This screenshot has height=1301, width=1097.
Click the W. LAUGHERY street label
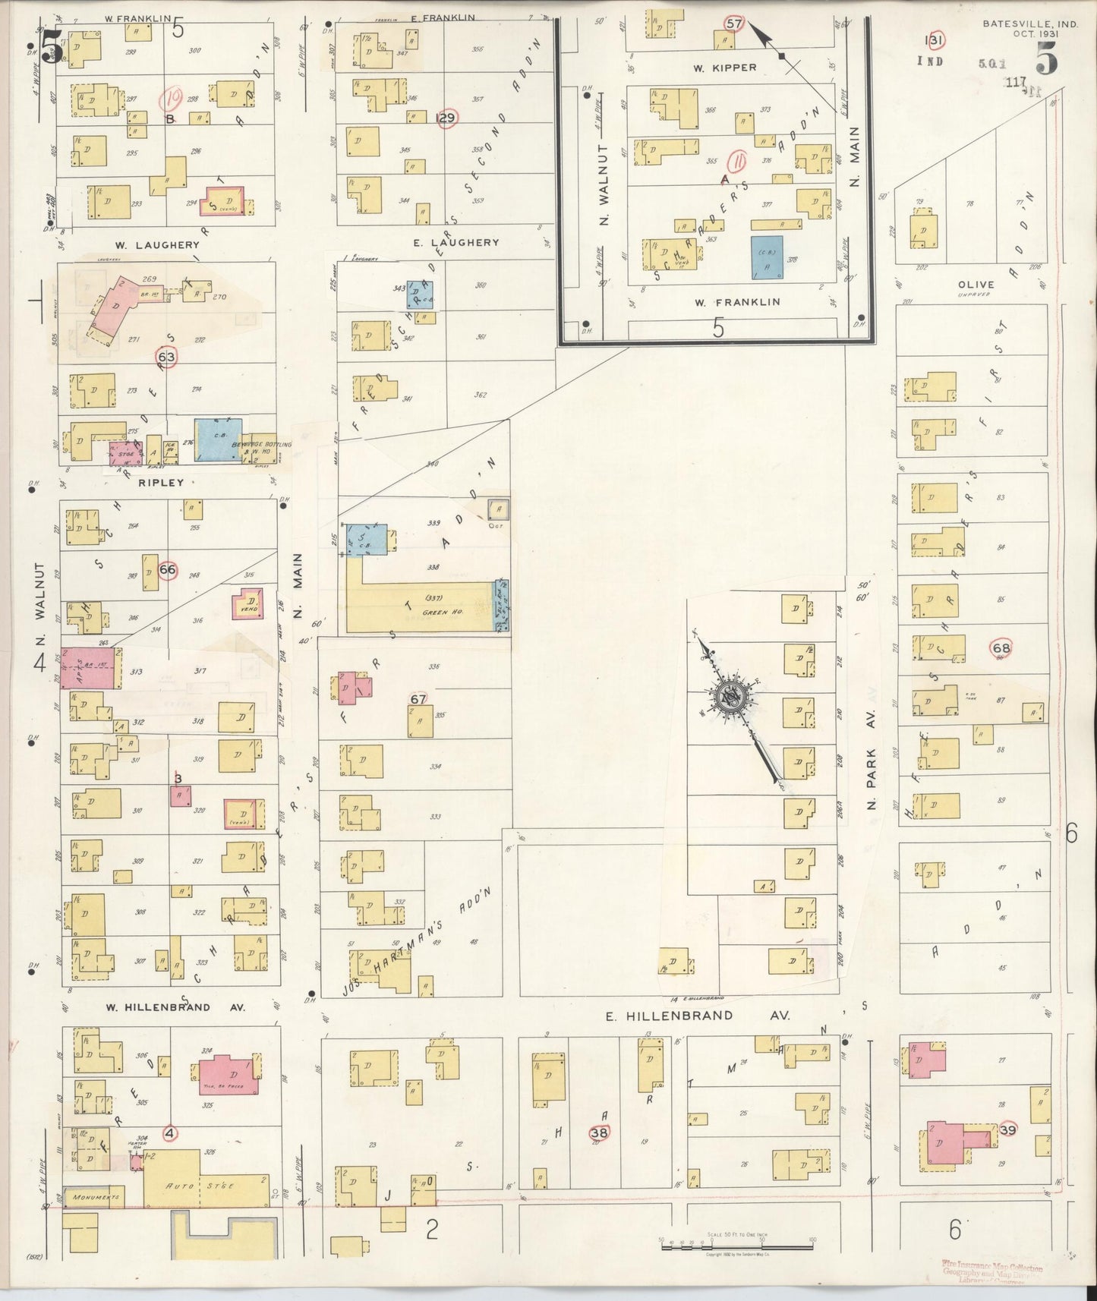click(x=157, y=245)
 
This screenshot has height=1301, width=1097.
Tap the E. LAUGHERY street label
click(x=456, y=243)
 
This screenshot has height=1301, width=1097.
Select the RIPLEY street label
click(x=161, y=482)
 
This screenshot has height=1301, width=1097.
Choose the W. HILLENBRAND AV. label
click(x=175, y=1007)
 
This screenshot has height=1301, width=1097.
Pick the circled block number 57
click(x=733, y=24)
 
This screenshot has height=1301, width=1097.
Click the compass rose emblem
click(x=732, y=698)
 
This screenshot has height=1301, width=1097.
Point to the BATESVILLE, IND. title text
click(x=1029, y=24)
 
